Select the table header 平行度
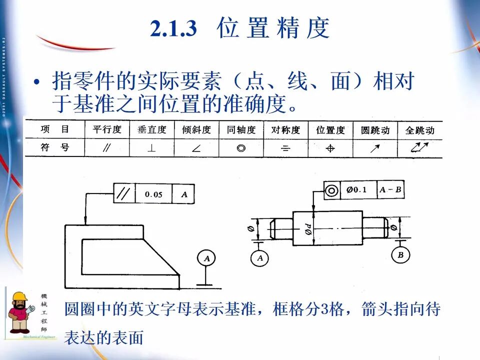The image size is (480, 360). [107, 129]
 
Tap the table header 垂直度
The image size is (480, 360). [151, 130]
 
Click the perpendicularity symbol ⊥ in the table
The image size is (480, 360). [151, 148]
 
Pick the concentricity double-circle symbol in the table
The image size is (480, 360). [241, 148]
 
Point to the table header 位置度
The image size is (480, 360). [330, 130]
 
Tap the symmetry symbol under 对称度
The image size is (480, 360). [285, 148]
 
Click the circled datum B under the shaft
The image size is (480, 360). [400, 255]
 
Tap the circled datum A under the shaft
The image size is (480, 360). [259, 258]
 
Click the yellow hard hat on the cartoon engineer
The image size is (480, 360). [20, 298]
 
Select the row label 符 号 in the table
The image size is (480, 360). [55, 148]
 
